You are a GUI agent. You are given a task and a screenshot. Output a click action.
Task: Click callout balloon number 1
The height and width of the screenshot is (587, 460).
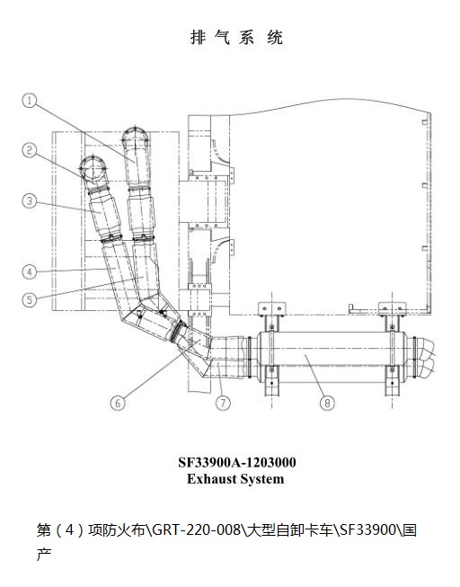click(x=29, y=101)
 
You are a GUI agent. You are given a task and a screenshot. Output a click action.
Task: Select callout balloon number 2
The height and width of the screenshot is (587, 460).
click(x=29, y=150)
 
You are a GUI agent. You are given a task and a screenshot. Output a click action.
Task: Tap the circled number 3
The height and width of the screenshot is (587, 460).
click(x=29, y=201)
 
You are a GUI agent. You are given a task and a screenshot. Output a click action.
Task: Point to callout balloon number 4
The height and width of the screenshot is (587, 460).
click(x=29, y=271)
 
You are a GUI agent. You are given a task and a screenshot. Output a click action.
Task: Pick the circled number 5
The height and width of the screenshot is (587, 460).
click(x=29, y=299)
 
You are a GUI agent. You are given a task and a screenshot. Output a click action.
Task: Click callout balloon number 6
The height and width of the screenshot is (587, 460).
click(x=119, y=403)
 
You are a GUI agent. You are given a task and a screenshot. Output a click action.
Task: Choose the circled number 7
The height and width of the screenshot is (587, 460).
click(x=223, y=403)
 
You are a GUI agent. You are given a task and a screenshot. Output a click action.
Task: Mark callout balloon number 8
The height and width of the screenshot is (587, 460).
click(x=327, y=403)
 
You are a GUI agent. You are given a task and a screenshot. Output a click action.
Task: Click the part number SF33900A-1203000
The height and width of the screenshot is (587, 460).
click(x=237, y=462)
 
